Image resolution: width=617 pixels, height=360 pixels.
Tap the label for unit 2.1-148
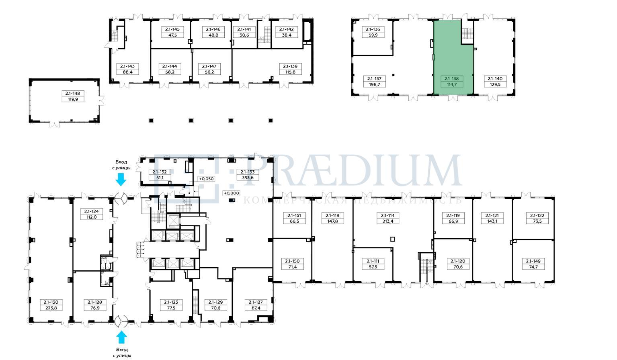click(x=73, y=93)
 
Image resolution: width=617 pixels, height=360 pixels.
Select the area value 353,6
click(x=248, y=178)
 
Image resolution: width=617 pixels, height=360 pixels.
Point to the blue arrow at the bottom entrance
click(x=121, y=337)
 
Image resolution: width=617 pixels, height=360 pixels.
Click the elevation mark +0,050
click(x=207, y=179)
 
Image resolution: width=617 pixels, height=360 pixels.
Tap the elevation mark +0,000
click(x=232, y=193)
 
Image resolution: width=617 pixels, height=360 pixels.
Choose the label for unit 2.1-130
click(x=51, y=302)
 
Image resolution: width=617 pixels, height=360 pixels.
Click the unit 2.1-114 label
click(x=387, y=215)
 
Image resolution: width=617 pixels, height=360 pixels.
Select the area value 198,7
click(x=374, y=84)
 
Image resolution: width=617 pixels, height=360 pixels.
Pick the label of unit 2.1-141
click(x=244, y=29)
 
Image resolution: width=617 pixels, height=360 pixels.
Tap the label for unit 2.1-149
click(x=533, y=261)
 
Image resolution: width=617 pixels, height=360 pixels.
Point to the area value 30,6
click(x=244, y=35)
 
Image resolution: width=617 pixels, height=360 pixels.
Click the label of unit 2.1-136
click(x=373, y=29)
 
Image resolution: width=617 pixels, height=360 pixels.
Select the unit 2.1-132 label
click(x=160, y=172)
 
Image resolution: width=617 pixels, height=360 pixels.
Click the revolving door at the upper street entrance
click(x=121, y=198)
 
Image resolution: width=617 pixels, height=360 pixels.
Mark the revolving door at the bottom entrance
click(x=121, y=321)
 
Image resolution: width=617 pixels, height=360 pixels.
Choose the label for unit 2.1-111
click(x=373, y=261)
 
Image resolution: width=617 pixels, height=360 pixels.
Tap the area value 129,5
click(x=495, y=84)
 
